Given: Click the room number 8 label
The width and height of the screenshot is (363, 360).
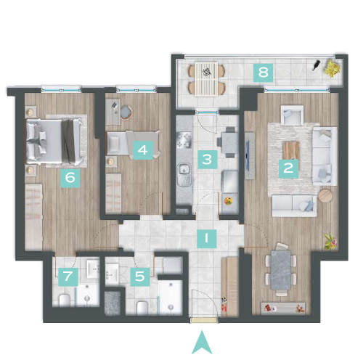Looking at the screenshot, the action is point(264,72).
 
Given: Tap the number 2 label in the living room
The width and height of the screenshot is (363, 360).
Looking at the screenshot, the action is point(288,168).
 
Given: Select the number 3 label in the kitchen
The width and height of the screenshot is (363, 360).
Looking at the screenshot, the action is point(208,160).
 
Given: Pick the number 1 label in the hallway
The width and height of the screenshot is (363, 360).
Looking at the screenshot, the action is point(206,239).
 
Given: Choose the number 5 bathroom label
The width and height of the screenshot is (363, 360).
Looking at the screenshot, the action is point(140,277).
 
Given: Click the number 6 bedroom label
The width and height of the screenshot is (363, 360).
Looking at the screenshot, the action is point(70,178).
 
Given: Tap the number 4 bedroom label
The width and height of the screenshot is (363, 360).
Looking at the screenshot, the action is point(143,150).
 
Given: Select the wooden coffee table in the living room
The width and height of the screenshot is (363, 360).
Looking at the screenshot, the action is point(291,152).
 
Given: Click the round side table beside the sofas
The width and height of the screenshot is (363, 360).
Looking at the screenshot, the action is point(325,196).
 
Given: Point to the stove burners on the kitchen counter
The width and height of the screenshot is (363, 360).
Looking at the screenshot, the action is point(184,140).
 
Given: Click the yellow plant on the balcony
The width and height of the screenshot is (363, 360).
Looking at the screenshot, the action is point(332,68).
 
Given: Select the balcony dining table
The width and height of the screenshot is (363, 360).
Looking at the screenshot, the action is point(206,79).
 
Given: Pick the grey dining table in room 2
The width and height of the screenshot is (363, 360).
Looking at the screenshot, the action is point(281,270).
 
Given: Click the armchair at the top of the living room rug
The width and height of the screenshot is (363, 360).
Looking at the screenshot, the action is point(292,115).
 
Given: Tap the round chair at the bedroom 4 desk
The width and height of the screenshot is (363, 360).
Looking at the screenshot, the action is point(126,112).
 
